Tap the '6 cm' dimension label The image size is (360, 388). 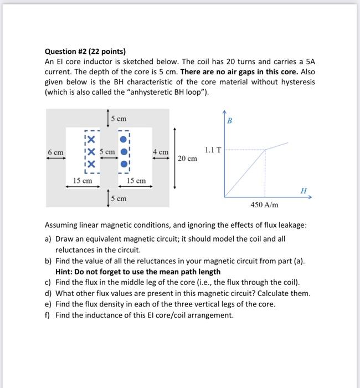coord(55,151)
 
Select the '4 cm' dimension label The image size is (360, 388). coord(160,151)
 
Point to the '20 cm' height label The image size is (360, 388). coord(187,159)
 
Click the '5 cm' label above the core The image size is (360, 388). coord(119,119)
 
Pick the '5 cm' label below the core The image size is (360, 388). coord(119,198)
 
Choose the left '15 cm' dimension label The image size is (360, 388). coord(83,180)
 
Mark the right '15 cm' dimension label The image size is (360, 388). coord(136,180)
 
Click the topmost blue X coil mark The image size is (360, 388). coord(90,139)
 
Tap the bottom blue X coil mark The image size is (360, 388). coord(90,164)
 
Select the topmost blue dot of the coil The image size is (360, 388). coord(125,139)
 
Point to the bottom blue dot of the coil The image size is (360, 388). coord(125,164)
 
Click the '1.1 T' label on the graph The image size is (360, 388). coord(213,150)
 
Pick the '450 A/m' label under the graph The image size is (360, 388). coord(265,205)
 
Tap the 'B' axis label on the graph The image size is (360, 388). coord(230,120)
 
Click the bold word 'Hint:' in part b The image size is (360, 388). coord(65,272)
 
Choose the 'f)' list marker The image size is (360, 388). coord(48,315)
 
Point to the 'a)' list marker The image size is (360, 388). coord(48,239)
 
